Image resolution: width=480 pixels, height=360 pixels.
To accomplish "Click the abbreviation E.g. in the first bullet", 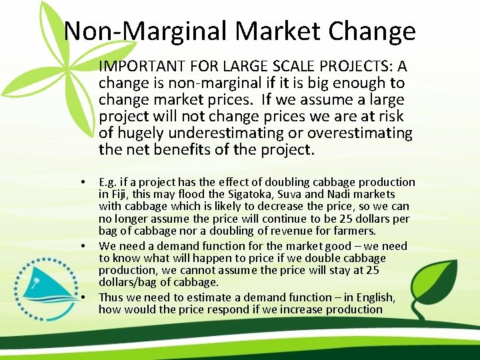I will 109,183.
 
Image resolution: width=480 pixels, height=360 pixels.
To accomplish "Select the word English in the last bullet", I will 374,297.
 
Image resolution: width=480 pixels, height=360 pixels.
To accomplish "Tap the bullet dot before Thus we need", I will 83,297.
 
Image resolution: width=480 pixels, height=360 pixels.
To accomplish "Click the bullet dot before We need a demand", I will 83,246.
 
